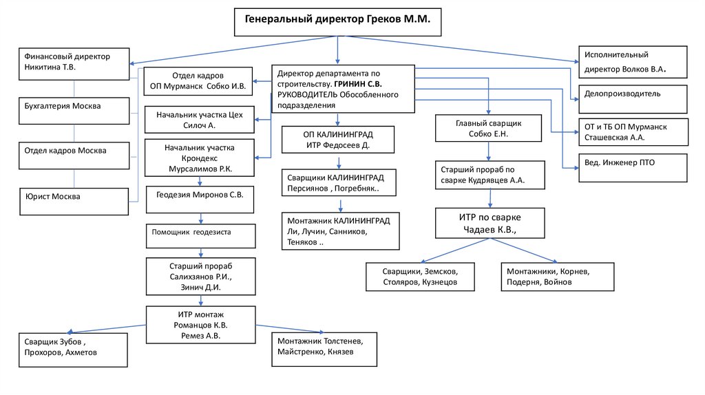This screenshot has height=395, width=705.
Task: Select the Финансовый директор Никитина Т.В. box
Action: click(74, 63)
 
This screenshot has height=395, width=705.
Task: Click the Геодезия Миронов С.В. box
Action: click(200, 200)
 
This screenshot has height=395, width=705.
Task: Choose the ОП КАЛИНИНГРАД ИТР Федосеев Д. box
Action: click(338, 140)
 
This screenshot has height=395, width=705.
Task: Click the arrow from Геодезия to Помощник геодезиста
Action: click(200, 218)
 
